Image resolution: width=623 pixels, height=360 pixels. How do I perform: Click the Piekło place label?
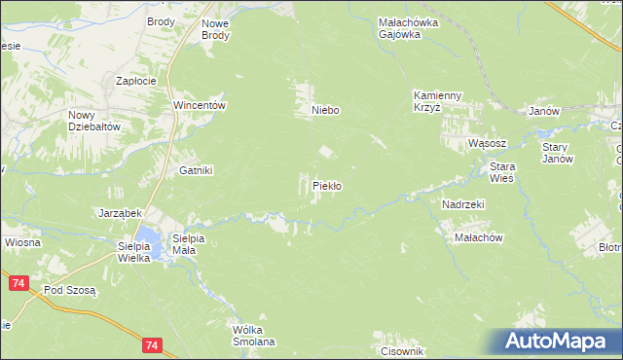pos(326,185)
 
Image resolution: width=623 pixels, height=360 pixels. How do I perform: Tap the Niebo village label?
pos(325,111)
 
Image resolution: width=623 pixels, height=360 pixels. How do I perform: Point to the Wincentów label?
pos(200,105)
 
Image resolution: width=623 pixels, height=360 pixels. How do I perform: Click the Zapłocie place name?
pos(136,82)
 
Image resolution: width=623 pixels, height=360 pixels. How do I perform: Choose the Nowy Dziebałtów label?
pos(93,121)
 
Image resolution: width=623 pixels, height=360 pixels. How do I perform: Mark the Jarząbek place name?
pos(121,212)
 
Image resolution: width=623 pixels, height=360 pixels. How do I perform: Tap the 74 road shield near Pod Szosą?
pos(18,282)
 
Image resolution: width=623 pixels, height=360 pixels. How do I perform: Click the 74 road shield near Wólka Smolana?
pos(150,344)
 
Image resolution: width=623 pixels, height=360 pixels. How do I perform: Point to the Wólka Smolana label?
pos(254,336)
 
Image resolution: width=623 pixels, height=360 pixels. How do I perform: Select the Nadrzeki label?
pos(462,204)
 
